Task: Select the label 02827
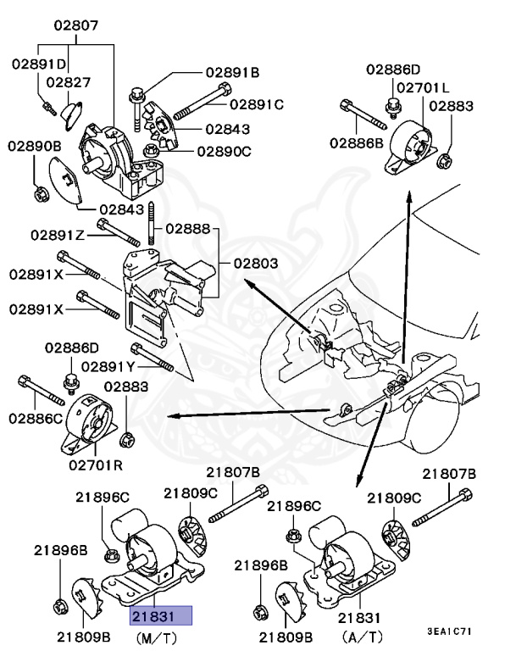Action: pos(69,82)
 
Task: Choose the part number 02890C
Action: pos(225,152)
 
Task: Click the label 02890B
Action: pos(35,147)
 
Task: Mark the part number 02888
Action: pos(187,228)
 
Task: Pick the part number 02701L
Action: pos(423,87)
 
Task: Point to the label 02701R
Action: pos(95,465)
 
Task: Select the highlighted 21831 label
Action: pos(161,615)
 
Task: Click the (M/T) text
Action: pos(159,636)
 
